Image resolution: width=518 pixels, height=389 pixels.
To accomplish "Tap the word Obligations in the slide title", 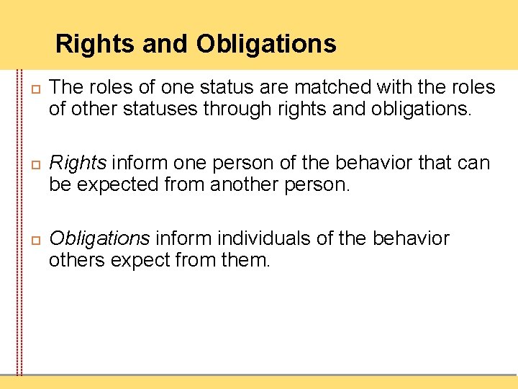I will pyautogui.click(x=266, y=44).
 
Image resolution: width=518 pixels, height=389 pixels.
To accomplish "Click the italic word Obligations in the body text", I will pyautogui.click(x=99, y=238).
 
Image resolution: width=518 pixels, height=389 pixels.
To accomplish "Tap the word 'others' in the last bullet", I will pyautogui.click(x=76, y=260).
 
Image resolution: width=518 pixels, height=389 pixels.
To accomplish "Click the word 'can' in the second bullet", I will pyautogui.click(x=473, y=164).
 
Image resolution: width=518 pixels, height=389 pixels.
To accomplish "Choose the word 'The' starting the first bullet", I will pyautogui.click(x=68, y=88).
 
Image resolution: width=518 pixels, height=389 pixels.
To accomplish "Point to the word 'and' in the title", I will pyautogui.click(x=165, y=44).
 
